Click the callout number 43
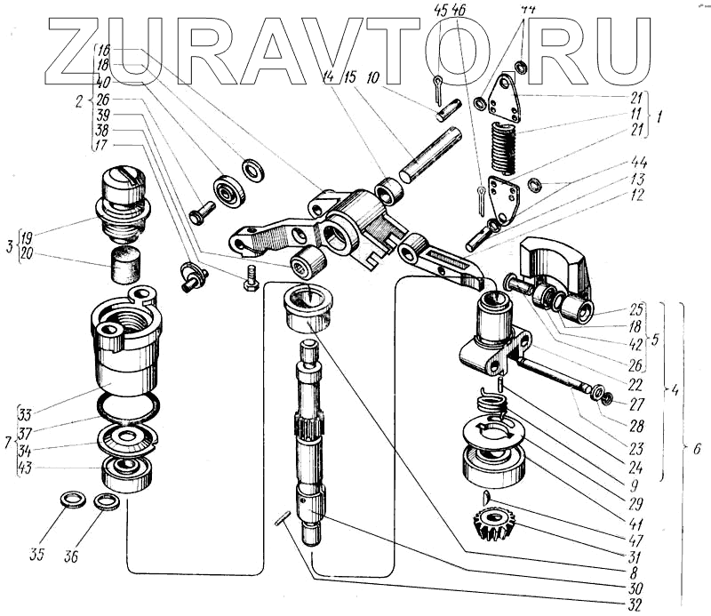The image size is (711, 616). [26, 469]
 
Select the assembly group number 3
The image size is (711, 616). [11, 246]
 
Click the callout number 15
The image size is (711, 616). [349, 78]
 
